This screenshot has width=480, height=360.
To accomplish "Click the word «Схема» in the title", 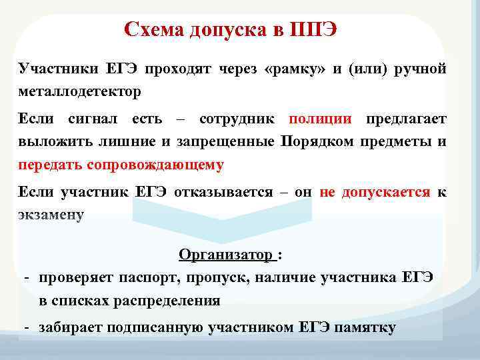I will [153, 31].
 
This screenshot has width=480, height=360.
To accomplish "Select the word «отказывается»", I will [223, 193].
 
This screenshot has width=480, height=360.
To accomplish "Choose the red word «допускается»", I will [385, 193].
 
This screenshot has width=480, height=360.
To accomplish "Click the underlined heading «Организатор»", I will [225, 255].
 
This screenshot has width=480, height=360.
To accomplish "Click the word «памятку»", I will [365, 327].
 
